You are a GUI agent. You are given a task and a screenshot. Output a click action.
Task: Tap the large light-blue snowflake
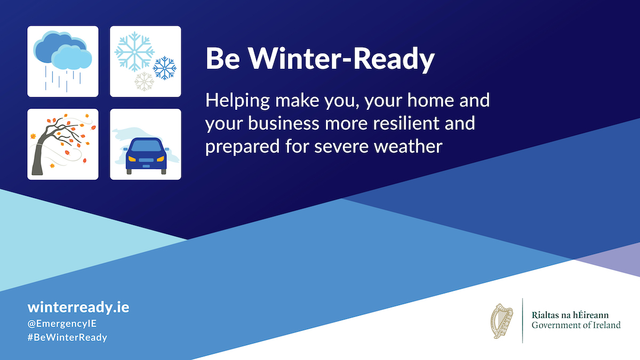(x=134, y=51)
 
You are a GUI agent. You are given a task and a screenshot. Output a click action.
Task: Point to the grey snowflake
(x=144, y=82)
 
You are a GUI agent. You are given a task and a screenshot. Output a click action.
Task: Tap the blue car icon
(x=145, y=155)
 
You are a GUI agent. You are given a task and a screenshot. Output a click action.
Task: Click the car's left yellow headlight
(x=131, y=158)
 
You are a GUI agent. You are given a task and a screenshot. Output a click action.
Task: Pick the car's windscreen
(x=145, y=146)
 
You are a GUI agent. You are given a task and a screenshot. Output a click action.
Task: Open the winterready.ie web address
(x=78, y=307)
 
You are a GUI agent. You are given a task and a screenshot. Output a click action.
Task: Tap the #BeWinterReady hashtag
(x=67, y=338)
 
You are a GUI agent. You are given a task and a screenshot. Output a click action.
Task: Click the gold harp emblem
(x=502, y=321)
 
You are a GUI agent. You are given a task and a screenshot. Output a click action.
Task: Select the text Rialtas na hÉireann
(x=570, y=315)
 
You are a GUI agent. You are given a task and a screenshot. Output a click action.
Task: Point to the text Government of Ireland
(x=576, y=325)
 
